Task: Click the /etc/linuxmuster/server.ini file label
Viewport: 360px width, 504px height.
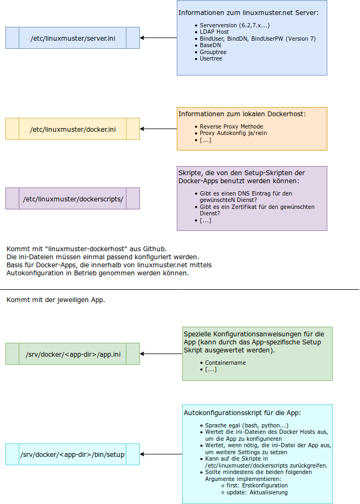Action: [73, 38]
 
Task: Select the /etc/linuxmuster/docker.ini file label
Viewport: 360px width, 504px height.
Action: [73, 129]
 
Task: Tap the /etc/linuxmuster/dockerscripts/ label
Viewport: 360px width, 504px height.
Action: [73, 199]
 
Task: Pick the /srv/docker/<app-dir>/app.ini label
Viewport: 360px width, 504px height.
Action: [73, 354]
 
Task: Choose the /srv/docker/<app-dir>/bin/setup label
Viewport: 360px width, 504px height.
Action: [72, 455]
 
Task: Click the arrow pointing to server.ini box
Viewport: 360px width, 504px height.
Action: [159, 38]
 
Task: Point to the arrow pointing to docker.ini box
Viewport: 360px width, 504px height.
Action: [159, 129]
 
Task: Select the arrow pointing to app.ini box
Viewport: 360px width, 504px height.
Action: [161, 354]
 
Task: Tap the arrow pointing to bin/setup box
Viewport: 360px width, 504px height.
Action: [161, 454]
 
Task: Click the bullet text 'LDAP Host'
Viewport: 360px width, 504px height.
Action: [214, 32]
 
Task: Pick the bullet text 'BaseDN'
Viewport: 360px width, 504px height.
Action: [210, 45]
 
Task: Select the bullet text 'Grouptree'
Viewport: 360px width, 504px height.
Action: [213, 52]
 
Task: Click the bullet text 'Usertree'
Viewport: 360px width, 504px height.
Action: [211, 58]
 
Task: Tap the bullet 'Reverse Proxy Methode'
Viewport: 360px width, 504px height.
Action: [231, 126]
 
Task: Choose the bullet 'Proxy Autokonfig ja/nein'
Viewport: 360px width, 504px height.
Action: [233, 133]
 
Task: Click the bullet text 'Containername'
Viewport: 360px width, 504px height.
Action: [226, 363]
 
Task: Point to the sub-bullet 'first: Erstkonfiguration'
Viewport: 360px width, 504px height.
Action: [257, 485]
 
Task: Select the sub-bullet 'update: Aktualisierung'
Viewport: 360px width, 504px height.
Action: [257, 492]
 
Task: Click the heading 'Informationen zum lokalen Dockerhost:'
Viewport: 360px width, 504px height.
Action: [242, 114]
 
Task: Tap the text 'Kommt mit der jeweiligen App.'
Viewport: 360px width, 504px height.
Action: [56, 299]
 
